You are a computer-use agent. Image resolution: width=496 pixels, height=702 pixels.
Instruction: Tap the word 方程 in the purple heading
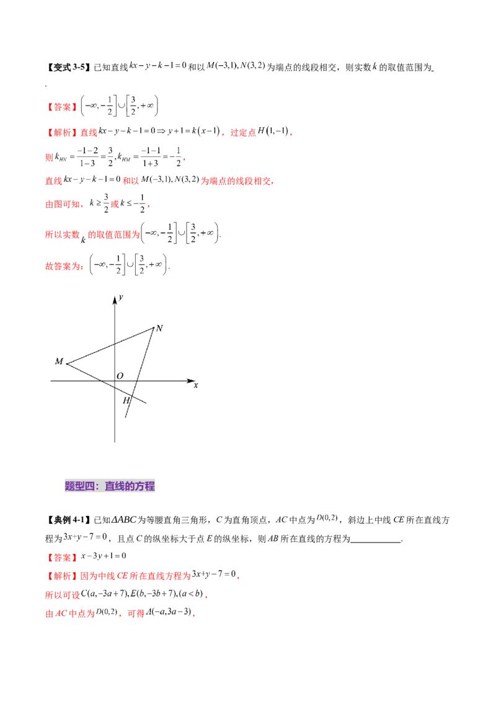pyautogui.click(x=145, y=487)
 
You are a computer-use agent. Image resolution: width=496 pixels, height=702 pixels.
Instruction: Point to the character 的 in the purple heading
pyautogui.click(x=130, y=487)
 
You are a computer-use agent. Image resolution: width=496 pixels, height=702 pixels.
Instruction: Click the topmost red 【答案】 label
pyautogui.click(x=63, y=107)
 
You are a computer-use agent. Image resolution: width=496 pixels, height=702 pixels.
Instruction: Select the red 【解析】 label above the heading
pyautogui.click(x=63, y=132)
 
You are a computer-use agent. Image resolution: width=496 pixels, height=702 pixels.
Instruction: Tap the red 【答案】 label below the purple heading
pyautogui.click(x=63, y=557)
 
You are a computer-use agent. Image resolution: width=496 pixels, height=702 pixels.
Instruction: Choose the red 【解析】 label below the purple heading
pyautogui.click(x=63, y=576)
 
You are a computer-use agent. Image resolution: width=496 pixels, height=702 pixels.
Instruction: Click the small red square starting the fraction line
pyautogui.click(x=48, y=158)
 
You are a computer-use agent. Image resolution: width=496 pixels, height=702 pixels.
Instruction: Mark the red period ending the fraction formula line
pyautogui.click(x=185, y=161)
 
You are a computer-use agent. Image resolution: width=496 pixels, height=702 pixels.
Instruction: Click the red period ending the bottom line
pyautogui.click(x=196, y=616)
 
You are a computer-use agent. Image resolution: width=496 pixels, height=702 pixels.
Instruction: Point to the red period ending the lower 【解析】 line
pyautogui.click(x=240, y=578)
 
